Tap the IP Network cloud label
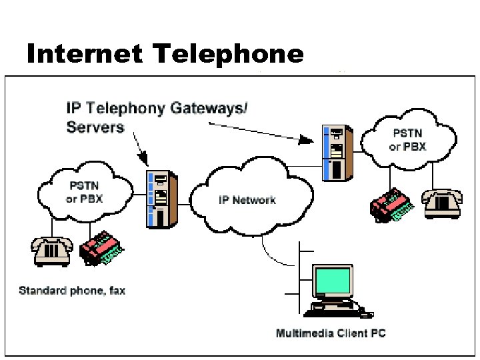[x=247, y=199]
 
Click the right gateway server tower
[x=337, y=151]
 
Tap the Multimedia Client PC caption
[x=331, y=333]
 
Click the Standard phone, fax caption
[x=72, y=290]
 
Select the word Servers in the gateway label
[x=95, y=127]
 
